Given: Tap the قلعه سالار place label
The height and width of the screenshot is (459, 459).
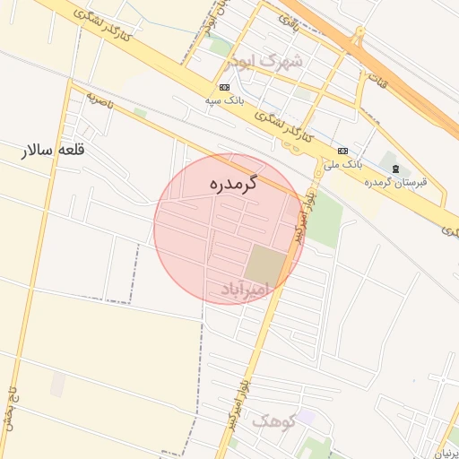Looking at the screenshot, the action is (x=54, y=151).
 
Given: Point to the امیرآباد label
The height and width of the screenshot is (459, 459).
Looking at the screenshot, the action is (x=245, y=289).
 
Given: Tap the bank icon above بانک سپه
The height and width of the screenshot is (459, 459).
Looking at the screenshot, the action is (x=223, y=87).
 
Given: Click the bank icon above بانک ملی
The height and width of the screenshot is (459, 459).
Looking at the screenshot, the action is (x=343, y=150).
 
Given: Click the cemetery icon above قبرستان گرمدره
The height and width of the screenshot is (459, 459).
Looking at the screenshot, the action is (x=396, y=169).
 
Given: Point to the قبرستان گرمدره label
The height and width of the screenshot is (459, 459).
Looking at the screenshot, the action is (x=395, y=182).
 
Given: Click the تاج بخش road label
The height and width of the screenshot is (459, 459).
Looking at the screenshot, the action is (x=12, y=409).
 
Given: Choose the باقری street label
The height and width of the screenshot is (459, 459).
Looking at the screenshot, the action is (x=288, y=19).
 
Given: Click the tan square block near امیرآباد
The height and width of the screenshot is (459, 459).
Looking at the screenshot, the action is (x=265, y=263).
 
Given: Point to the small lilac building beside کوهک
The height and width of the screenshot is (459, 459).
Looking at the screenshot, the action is (x=307, y=417).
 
